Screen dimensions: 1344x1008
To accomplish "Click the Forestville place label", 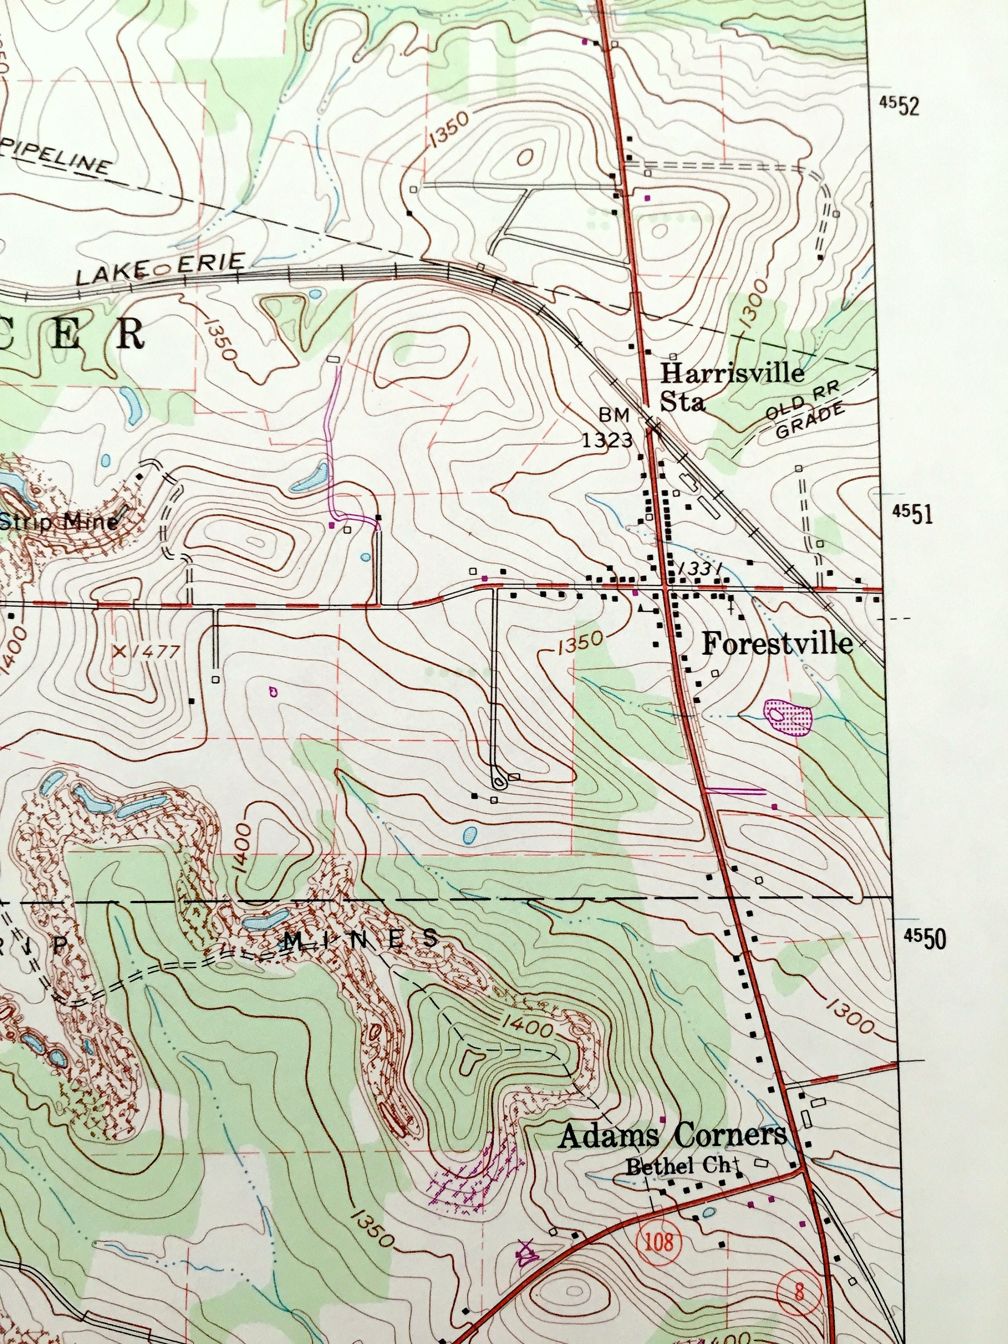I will click(776, 644).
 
